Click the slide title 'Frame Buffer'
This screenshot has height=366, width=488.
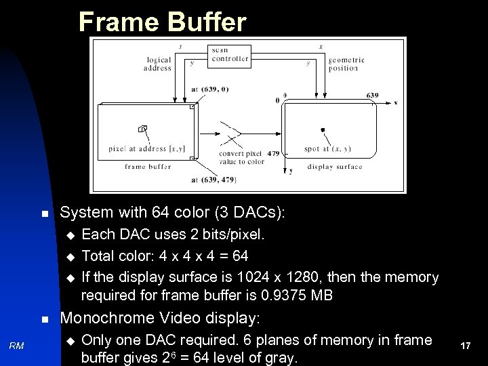pyautogui.click(x=162, y=22)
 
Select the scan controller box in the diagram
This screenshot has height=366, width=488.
pyautogui.click(x=230, y=55)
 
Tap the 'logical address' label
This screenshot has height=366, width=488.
pyautogui.click(x=158, y=64)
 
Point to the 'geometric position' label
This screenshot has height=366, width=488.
pyautogui.click(x=346, y=64)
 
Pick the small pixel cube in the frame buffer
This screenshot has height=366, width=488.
pyautogui.click(x=142, y=128)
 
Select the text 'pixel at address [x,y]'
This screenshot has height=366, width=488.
pyautogui.click(x=146, y=149)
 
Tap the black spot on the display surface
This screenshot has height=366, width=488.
pyautogui.click(x=323, y=129)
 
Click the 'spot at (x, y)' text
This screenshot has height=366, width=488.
pyautogui.click(x=327, y=149)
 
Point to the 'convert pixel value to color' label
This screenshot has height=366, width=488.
pyautogui.click(x=241, y=157)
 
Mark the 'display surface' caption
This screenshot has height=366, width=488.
pyautogui.click(x=335, y=167)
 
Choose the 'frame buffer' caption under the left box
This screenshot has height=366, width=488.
pyautogui.click(x=148, y=167)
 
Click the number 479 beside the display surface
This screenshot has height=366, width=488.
pyautogui.click(x=273, y=154)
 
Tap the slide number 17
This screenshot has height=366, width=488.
pyautogui.click(x=465, y=346)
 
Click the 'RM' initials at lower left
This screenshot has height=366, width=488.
pyautogui.click(x=17, y=346)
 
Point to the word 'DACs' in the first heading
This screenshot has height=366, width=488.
pyautogui.click(x=247, y=212)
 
